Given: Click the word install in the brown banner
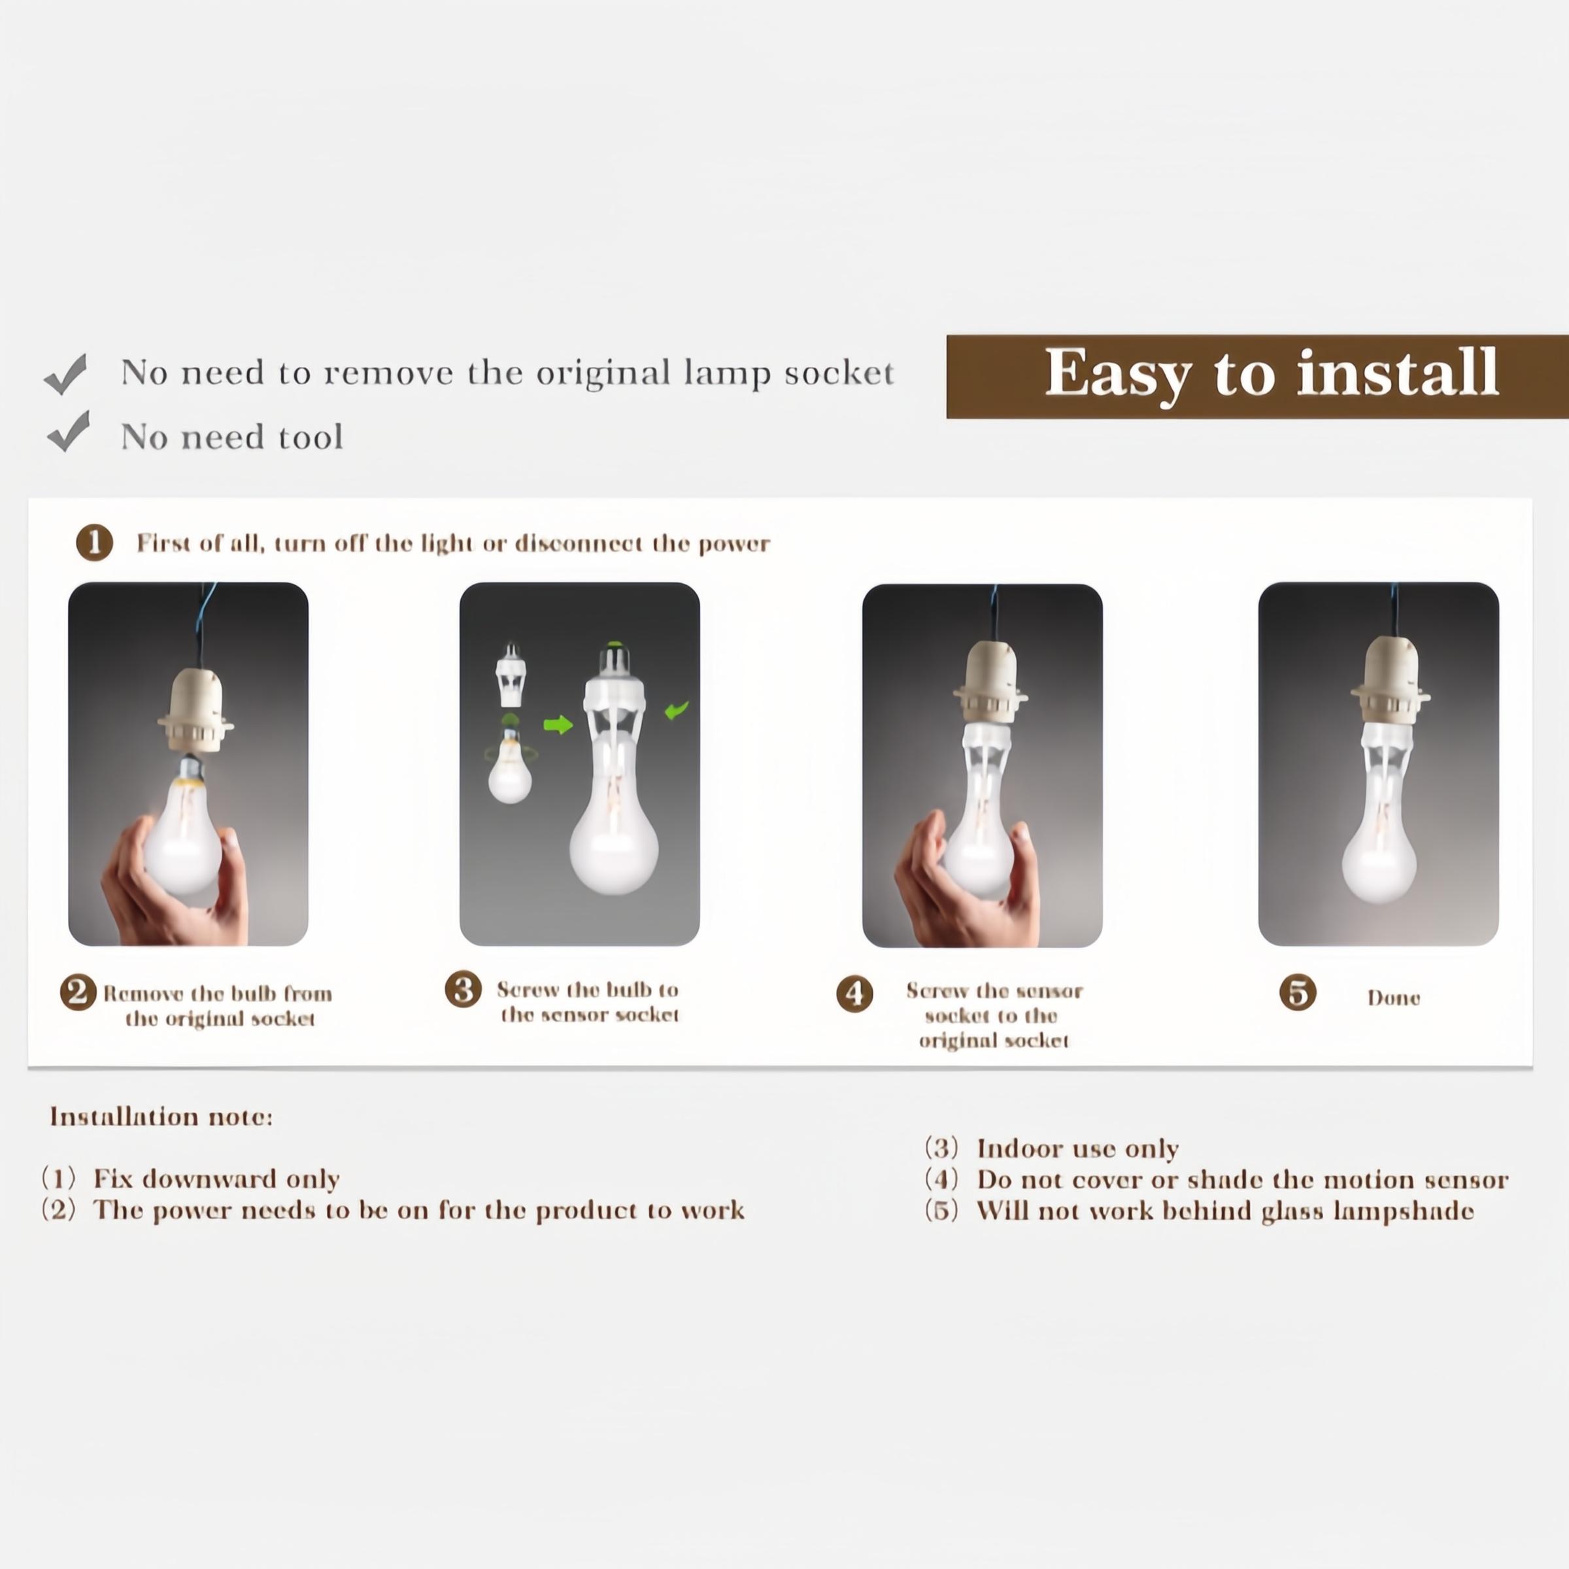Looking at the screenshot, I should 1397,373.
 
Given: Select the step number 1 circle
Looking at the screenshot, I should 94,543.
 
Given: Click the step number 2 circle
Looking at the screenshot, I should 78,992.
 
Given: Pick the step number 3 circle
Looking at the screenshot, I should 463,989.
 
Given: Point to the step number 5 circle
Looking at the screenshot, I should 1298,992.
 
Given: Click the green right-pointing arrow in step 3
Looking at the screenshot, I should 558,724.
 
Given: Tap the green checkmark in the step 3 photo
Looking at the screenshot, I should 676,711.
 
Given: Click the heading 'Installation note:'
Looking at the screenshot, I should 161,1117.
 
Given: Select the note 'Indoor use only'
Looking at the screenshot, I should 1077,1149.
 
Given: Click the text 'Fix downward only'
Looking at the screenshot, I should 216,1178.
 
